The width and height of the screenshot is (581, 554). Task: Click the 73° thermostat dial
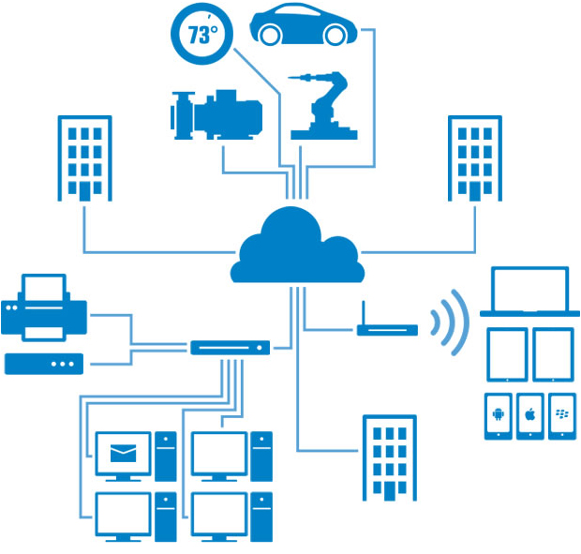(201, 34)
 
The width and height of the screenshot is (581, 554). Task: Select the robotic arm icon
(323, 106)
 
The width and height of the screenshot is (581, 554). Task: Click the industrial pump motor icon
(216, 115)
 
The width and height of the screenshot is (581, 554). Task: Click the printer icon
(44, 307)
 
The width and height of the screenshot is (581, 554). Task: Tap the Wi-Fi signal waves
(450, 322)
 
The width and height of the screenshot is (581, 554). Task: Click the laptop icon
(529, 292)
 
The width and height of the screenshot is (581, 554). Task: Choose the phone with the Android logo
(499, 416)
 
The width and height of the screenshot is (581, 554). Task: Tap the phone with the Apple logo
(530, 416)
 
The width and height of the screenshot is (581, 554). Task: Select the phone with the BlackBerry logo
(562, 416)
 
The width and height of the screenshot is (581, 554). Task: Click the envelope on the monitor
(124, 453)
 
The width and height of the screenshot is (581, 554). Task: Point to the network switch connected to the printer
(231, 348)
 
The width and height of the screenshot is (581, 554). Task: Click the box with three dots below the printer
(44, 364)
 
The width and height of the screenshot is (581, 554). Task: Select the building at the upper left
(85, 158)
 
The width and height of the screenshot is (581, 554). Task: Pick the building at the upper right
(475, 158)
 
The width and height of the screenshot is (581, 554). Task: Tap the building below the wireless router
(390, 458)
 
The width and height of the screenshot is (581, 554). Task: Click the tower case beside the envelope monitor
(166, 457)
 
